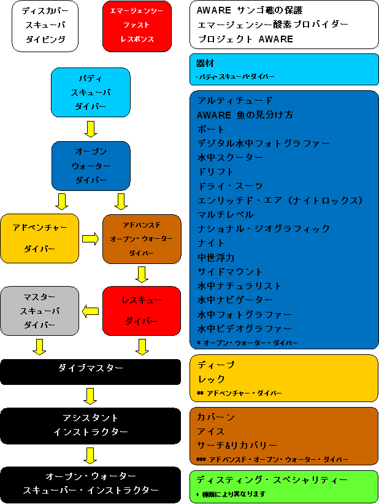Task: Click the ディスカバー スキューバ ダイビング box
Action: pos(45,26)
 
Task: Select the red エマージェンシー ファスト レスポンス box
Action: pos(137,26)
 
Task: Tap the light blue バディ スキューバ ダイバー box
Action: pos(91,92)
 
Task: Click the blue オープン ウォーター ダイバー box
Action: pos(91,166)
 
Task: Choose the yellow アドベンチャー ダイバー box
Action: pos(39,238)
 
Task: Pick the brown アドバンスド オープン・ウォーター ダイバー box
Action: pos(142,239)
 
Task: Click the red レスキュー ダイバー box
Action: pos(142,311)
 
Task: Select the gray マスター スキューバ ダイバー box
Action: pos(39,311)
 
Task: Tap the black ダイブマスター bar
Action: pos(90,372)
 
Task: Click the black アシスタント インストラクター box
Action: pos(90,426)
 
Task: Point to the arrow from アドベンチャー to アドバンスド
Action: pos(91,239)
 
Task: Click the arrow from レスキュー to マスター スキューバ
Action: pos(91,311)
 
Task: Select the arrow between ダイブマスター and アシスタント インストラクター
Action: pos(90,396)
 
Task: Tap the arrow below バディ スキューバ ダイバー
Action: pos(91,129)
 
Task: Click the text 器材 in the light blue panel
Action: pos(205,63)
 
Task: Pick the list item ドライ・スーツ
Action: pos(230,186)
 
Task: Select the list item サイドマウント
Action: pos(230,271)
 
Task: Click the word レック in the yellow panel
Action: pos(211,379)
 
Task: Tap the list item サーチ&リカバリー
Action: pos(237,445)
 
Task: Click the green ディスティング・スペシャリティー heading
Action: pos(272,480)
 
